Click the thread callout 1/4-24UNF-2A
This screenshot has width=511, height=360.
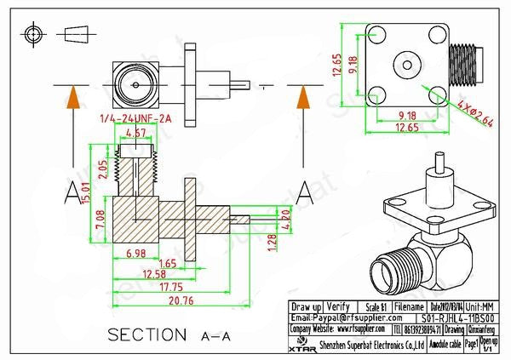tap(135, 118)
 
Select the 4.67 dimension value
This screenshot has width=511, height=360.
tap(135, 134)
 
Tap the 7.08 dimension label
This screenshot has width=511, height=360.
tap(101, 220)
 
